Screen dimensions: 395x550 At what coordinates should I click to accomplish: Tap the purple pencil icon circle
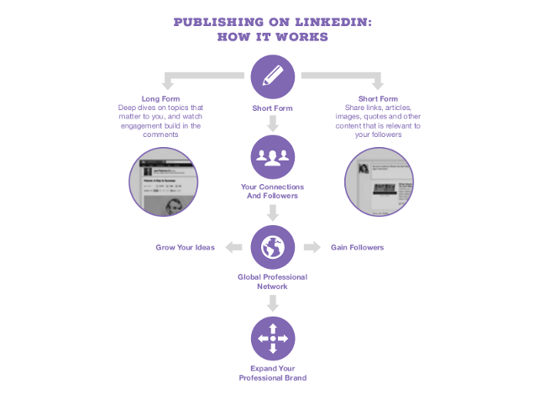coord(273,76)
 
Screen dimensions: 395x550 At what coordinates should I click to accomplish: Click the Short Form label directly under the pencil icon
coord(273,108)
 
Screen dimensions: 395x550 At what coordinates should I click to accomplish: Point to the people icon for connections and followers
coord(273,156)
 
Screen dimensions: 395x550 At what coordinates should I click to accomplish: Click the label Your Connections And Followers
coord(273,191)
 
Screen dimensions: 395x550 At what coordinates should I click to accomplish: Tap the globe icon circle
coord(273,247)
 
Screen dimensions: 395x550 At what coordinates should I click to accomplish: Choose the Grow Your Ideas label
coord(186,248)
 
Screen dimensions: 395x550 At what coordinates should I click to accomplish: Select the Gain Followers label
coord(357,248)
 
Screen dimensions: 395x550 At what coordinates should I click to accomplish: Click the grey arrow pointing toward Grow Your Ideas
coord(235,247)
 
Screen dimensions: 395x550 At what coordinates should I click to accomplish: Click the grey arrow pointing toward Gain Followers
coord(312,247)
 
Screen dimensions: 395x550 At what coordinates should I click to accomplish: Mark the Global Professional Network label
coord(273,282)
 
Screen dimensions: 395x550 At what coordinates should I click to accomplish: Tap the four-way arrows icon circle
coord(273,338)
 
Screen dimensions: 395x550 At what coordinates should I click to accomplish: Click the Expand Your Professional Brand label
coord(273,373)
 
